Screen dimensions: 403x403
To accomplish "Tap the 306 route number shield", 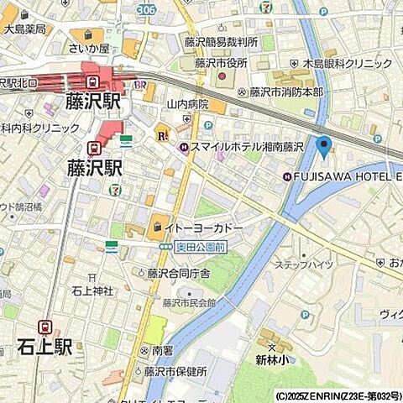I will (145, 8).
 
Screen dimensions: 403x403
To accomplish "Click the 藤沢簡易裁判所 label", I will (222, 41).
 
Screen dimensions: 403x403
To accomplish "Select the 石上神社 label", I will (90, 291).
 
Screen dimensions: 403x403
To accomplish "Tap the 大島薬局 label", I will (25, 29).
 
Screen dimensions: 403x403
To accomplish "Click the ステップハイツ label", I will (308, 264).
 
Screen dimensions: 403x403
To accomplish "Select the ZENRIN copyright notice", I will (337, 395).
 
